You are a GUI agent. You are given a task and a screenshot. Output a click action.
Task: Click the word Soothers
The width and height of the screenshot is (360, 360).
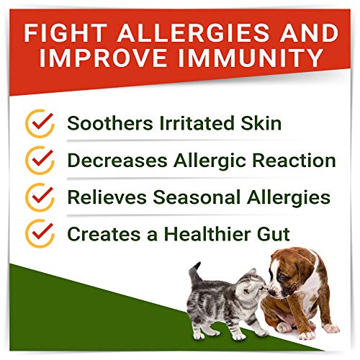click(104, 122)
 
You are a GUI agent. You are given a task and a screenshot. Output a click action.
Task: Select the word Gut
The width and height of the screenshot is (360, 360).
click(257, 233)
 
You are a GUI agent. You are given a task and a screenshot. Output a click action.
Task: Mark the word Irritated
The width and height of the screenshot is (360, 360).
click(189, 122)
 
